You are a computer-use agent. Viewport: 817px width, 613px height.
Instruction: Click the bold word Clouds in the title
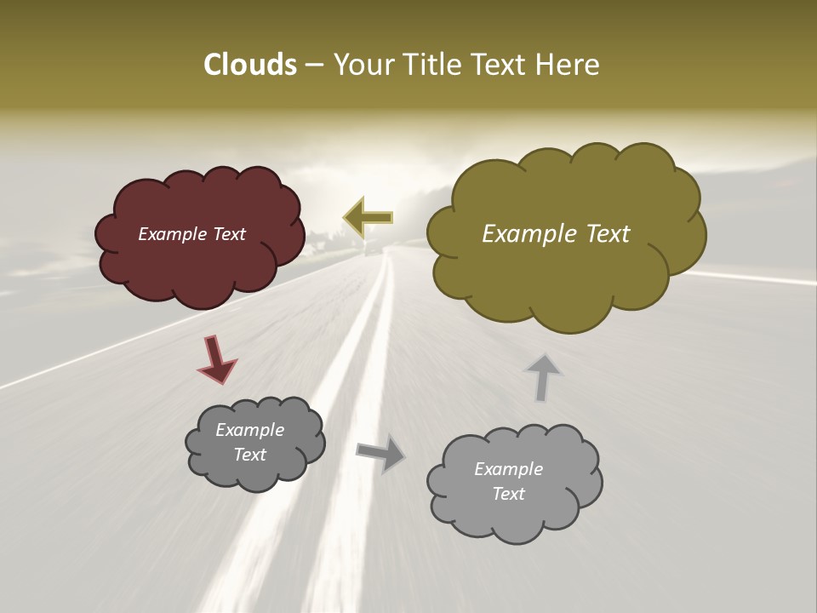[x=250, y=65]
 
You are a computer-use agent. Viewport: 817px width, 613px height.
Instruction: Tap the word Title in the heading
[x=431, y=65]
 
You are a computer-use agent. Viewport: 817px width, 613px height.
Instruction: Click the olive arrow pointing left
[x=368, y=217]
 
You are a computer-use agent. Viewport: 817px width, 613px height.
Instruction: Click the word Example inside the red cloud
[x=170, y=234]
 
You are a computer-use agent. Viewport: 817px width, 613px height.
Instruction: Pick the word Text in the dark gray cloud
[x=249, y=455]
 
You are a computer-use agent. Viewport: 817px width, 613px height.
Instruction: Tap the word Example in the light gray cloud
[x=508, y=469]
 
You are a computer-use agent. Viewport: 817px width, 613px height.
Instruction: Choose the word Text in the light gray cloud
[x=508, y=494]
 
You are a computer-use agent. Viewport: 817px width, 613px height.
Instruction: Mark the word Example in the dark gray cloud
[x=249, y=430]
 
